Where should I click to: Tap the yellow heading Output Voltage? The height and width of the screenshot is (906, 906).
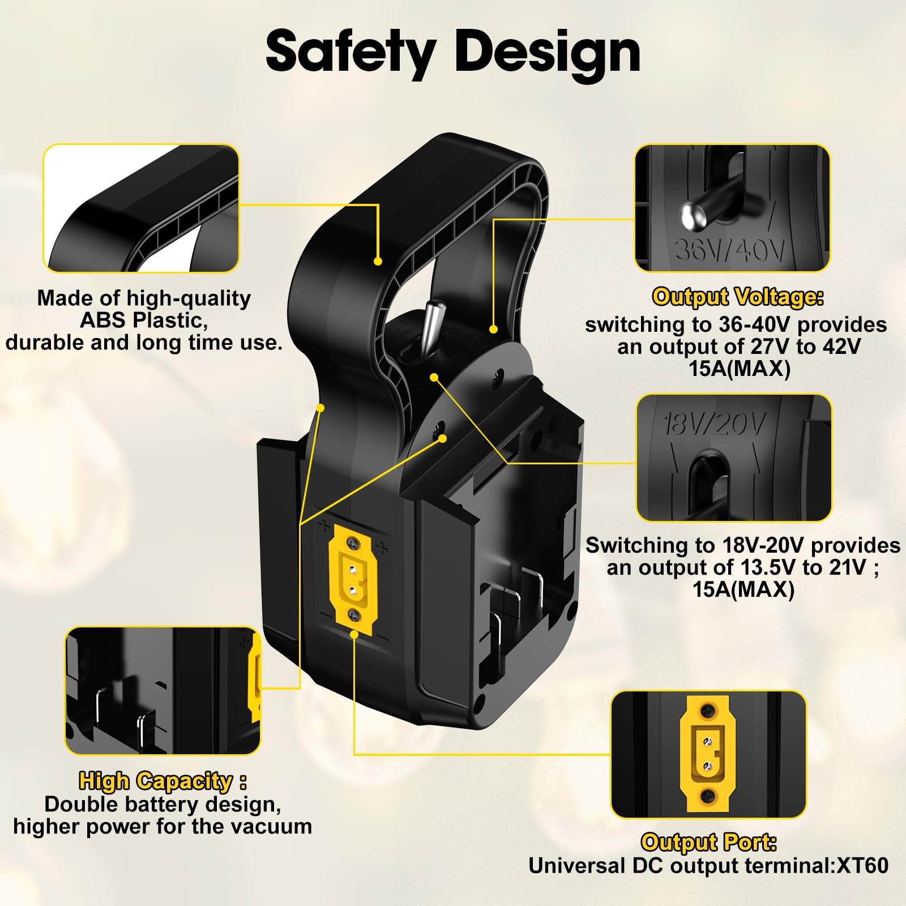pyautogui.click(x=738, y=297)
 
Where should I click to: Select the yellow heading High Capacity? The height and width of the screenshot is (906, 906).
pyautogui.click(x=163, y=781)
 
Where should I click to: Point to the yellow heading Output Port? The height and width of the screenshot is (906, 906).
pyautogui.click(x=708, y=843)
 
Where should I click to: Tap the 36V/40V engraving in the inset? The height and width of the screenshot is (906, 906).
pyautogui.click(x=730, y=249)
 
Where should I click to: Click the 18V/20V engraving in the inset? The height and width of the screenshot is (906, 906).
pyautogui.click(x=715, y=423)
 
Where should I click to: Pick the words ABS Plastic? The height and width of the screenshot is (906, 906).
pyautogui.click(x=144, y=320)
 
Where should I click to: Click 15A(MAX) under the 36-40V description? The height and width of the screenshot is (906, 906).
pyautogui.click(x=740, y=369)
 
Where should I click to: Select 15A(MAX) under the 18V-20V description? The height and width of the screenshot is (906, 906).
pyautogui.click(x=743, y=589)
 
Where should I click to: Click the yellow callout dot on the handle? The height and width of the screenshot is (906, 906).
pyautogui.click(x=378, y=261)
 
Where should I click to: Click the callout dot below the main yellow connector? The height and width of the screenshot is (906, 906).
pyautogui.click(x=354, y=634)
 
